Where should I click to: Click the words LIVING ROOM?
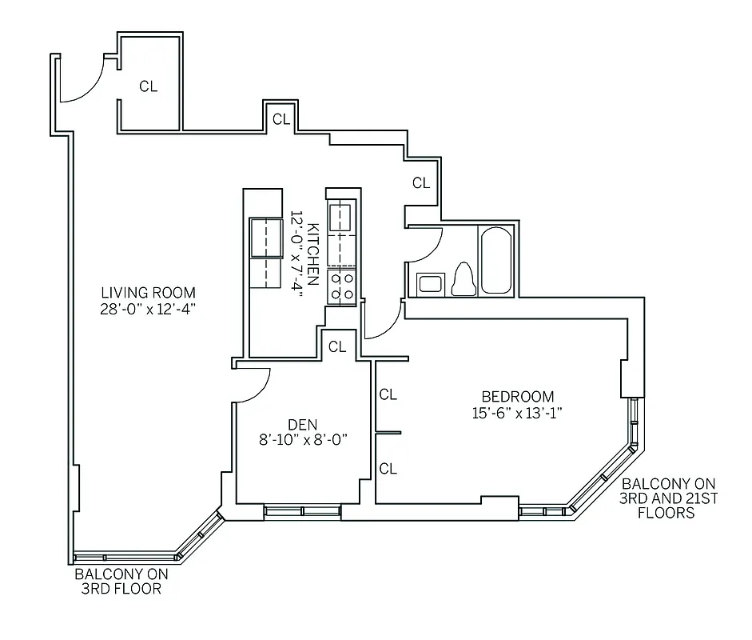coord(148,292)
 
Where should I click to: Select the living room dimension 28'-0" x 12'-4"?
coord(148,308)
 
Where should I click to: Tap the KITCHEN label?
coord(313,254)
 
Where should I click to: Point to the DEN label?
coord(304,424)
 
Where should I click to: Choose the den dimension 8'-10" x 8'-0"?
coord(304,439)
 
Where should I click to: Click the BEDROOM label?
coord(517,397)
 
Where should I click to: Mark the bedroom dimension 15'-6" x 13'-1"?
coord(517,413)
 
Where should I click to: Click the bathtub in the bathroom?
coord(495,260)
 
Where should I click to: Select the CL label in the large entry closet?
coord(149,87)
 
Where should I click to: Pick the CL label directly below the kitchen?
coord(337,346)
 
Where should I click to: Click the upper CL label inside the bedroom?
coord(388,394)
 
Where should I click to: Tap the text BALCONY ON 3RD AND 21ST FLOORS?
coord(668,498)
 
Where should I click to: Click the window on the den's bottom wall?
coord(302,510)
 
